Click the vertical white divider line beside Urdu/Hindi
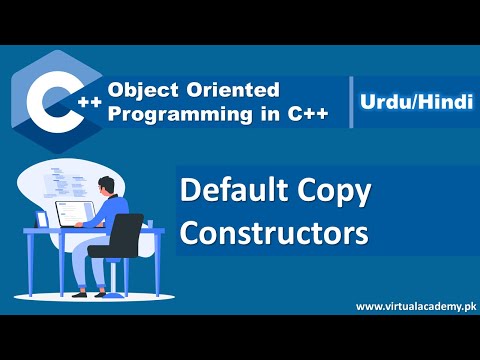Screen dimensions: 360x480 click(x=352, y=101)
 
